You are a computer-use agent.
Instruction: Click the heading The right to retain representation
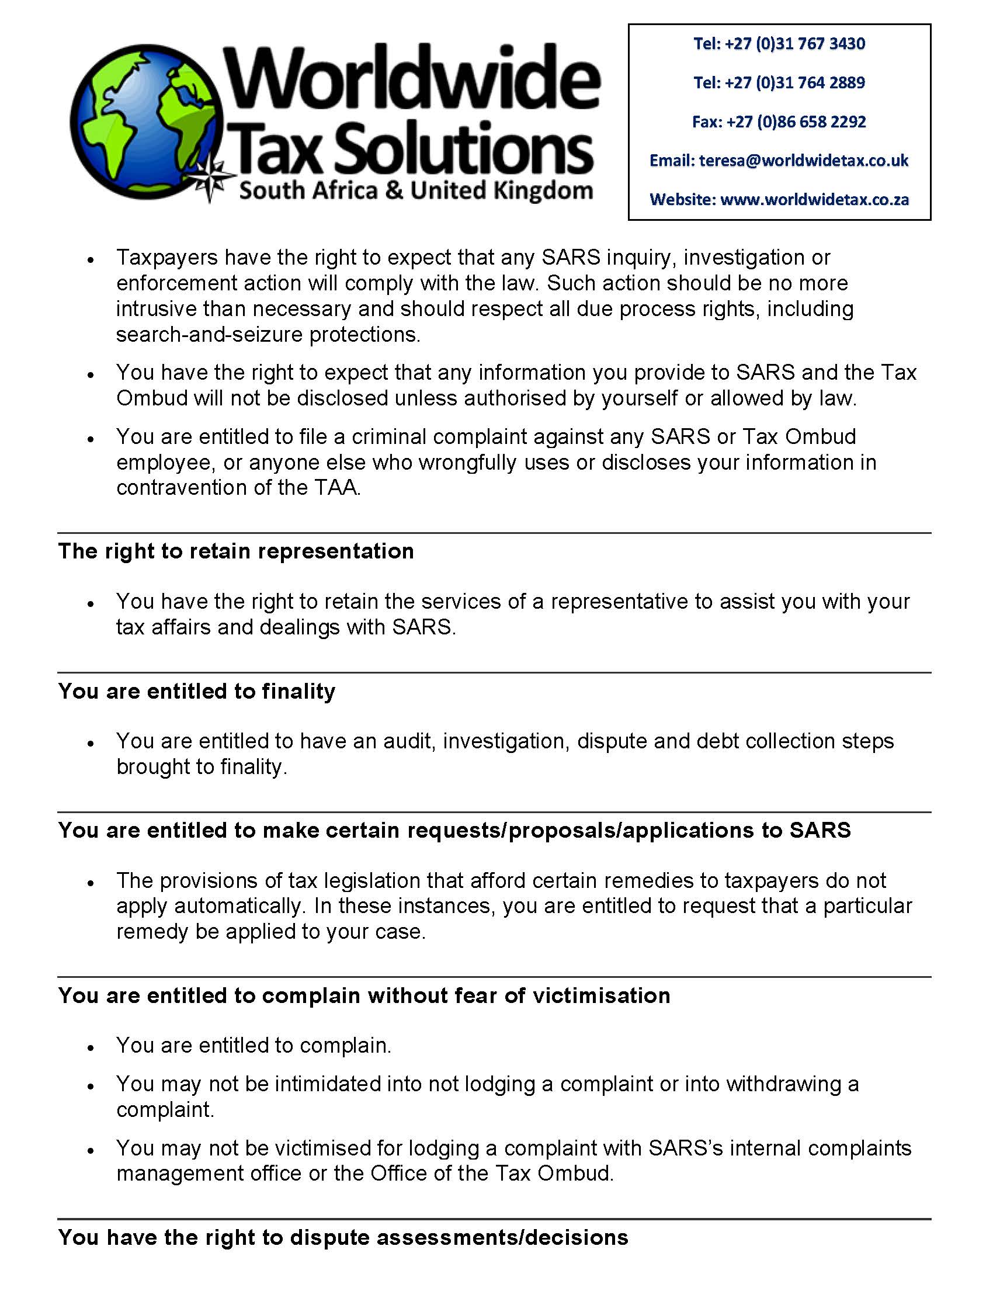(x=236, y=551)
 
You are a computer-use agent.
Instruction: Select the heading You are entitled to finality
(x=197, y=691)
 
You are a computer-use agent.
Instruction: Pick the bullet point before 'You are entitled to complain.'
(x=91, y=1047)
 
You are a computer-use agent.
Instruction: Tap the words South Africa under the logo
(x=307, y=191)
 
